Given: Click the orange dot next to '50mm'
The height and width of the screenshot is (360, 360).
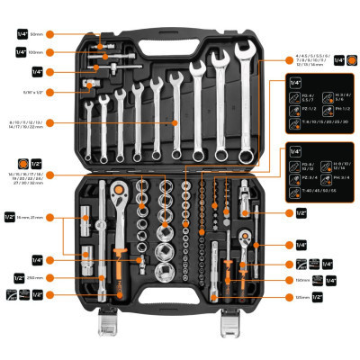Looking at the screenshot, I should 84,34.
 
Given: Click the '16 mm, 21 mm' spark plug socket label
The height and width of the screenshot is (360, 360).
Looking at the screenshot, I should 35,217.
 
